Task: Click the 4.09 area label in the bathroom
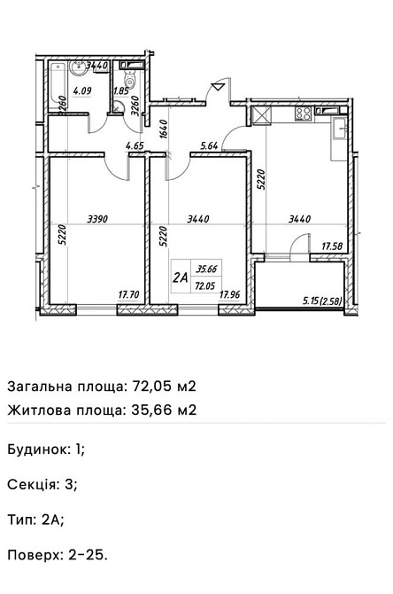click(x=83, y=90)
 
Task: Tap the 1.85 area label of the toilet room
click(x=120, y=90)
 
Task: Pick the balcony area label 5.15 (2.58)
click(x=322, y=301)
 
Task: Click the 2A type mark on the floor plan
click(x=181, y=277)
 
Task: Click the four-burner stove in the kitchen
click(x=304, y=113)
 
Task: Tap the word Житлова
click(x=36, y=410)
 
